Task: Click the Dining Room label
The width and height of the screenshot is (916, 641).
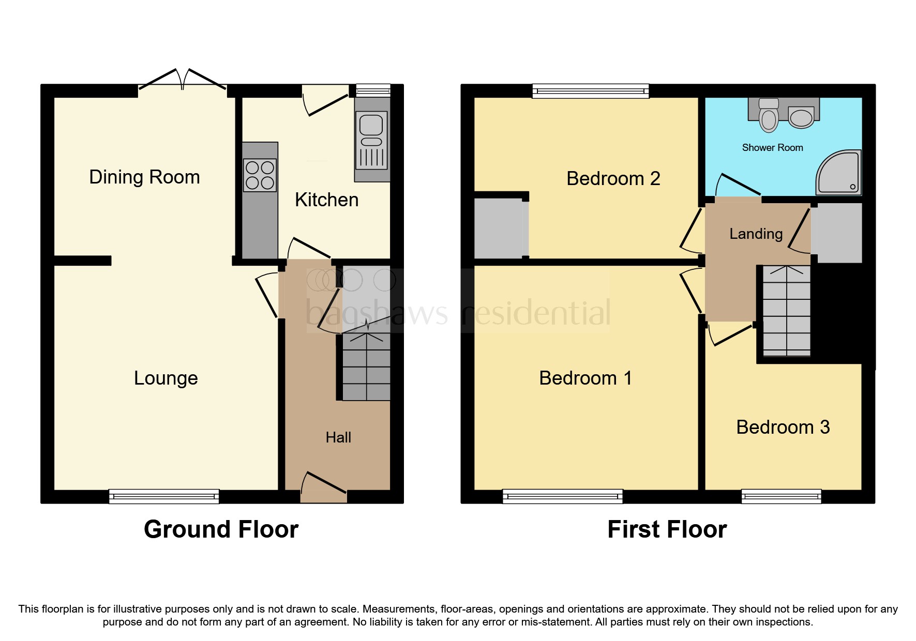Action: (144, 177)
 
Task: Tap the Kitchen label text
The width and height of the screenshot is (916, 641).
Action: (326, 200)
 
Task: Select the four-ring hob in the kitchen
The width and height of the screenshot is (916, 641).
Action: (260, 175)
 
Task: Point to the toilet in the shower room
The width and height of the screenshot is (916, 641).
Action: (769, 115)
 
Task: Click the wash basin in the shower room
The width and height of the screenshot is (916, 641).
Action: (801, 117)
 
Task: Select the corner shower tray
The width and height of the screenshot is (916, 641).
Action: (839, 173)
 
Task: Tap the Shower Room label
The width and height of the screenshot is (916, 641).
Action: (772, 148)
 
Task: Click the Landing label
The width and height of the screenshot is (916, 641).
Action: (756, 234)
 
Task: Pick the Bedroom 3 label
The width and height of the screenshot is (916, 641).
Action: (783, 427)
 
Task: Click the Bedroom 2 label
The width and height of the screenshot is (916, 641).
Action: (613, 178)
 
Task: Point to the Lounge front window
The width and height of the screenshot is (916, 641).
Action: (164, 497)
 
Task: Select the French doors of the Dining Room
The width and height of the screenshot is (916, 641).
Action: (182, 83)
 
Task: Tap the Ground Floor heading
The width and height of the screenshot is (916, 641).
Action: (221, 529)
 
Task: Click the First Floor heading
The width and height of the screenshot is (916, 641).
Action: (667, 529)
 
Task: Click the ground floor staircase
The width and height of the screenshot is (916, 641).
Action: (366, 367)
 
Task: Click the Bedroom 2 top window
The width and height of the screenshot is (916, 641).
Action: (591, 91)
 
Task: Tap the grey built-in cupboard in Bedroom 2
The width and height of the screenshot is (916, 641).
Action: (500, 228)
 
